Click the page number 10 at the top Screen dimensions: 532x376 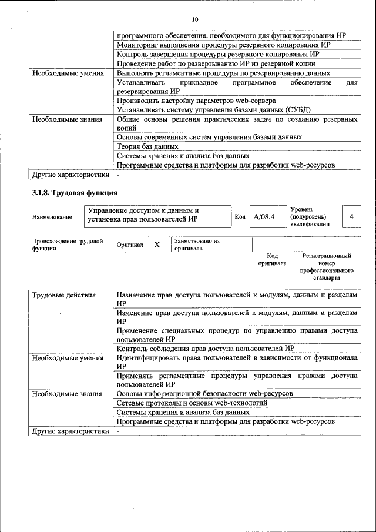coord(195,20)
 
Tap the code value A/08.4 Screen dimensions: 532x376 coord(264,217)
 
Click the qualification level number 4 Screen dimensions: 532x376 coord(351,217)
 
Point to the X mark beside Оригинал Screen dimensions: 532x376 coord(157,245)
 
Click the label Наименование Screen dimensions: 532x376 coord(52,218)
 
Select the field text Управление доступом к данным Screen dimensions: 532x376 coord(143,210)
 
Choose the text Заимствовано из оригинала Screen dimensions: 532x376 coord(197,245)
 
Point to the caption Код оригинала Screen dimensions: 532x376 coord(272,259)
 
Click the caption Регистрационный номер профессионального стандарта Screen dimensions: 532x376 coord(327,266)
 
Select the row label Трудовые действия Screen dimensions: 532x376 coord(63,295)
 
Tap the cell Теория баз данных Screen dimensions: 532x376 coord(147,146)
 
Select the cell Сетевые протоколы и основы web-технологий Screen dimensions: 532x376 coord(192,403)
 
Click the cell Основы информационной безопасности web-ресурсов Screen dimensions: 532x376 coord(204,393)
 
